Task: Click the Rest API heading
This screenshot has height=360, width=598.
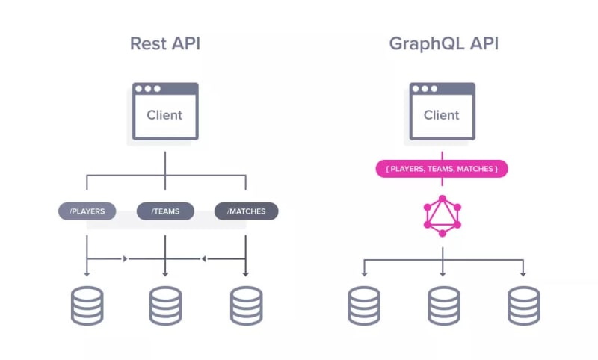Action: click(164, 43)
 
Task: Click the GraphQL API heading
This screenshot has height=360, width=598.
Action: click(443, 43)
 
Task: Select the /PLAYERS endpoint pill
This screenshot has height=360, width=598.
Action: click(87, 211)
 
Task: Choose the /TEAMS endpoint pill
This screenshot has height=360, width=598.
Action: click(165, 211)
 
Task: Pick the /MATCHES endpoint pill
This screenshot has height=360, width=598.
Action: click(246, 211)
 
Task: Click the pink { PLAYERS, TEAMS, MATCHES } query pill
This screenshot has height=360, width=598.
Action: click(442, 169)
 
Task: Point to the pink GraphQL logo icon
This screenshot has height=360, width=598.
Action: click(442, 215)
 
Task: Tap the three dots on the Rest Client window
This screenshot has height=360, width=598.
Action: click(147, 89)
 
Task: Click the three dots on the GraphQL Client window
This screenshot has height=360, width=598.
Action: click(424, 89)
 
